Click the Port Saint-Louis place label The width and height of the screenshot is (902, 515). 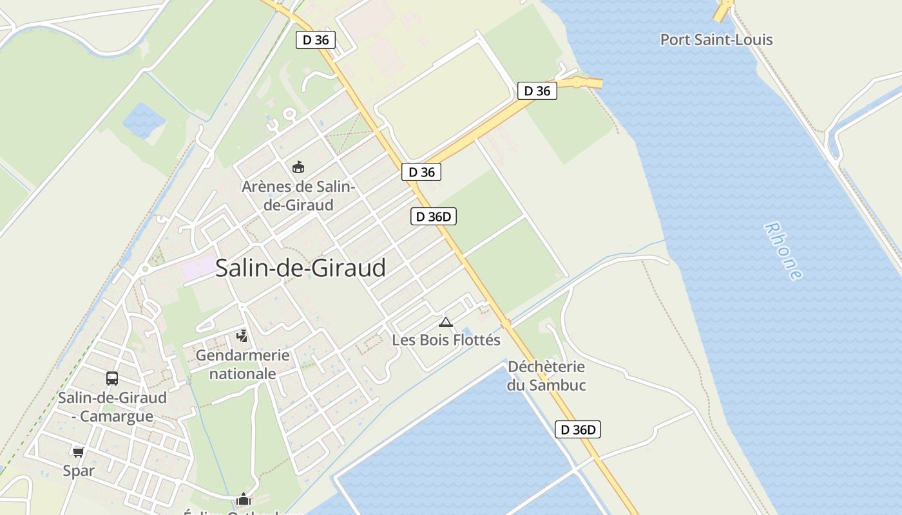716,40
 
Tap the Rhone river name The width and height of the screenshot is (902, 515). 783,251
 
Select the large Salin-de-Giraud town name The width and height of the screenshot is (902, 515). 300,268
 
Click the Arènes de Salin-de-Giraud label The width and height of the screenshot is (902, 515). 298,196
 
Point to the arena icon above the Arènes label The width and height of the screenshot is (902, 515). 298,167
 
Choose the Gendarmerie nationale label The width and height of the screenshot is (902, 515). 242,364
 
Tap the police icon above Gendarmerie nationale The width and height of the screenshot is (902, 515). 242,335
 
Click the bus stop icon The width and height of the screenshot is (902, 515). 112,379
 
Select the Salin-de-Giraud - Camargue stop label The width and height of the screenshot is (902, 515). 112,407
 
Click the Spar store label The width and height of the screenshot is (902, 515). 79,471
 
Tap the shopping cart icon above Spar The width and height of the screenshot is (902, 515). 79,452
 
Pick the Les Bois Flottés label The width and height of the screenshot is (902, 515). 446,340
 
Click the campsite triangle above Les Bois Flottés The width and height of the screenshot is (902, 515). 445,322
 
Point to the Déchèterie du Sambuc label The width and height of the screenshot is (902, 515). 546,376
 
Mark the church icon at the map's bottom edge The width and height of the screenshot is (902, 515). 243,500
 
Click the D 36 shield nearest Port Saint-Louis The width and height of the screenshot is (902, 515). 537,91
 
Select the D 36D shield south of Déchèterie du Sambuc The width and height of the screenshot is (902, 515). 578,429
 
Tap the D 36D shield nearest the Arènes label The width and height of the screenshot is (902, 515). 433,216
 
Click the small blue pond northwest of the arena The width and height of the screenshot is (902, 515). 143,119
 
